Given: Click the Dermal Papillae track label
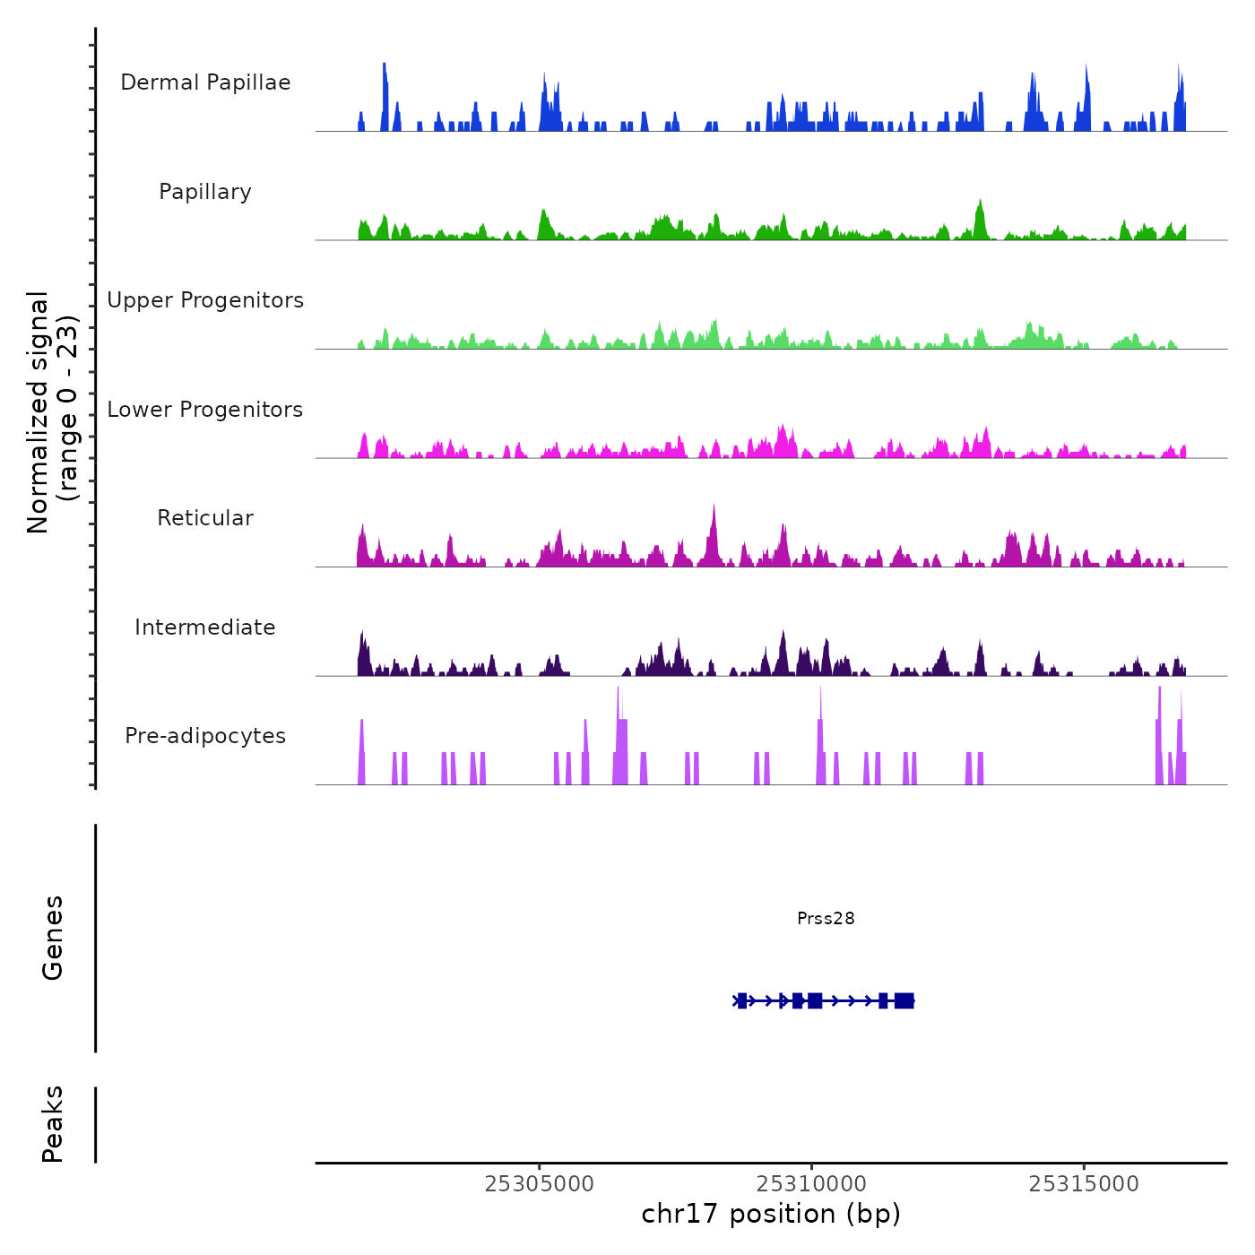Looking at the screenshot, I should pos(205,82).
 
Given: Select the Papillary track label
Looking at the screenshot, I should pos(205,192).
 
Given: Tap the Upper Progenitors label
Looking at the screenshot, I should pos(205,300).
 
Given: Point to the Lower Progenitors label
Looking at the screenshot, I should pos(205,410).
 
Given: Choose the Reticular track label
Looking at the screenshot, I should pos(205,518).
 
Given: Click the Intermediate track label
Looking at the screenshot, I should pos(205,627).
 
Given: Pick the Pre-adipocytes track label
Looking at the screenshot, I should pos(205,736).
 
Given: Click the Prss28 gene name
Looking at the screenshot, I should pos(826,918).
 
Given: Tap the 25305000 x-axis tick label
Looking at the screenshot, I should pos(540,1184).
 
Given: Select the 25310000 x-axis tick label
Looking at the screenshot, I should pos(812,1184).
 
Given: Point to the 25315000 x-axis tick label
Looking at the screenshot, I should pos(1084,1184).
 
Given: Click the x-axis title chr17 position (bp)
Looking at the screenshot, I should pos(771,1214).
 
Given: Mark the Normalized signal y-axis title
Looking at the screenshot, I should pos(52,412).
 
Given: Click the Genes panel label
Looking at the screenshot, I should pos(53,938).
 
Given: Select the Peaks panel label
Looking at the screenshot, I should pos(53,1124).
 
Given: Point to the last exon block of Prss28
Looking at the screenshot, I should pos(904,1000).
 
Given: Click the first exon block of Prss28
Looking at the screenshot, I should pos(742,1000).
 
